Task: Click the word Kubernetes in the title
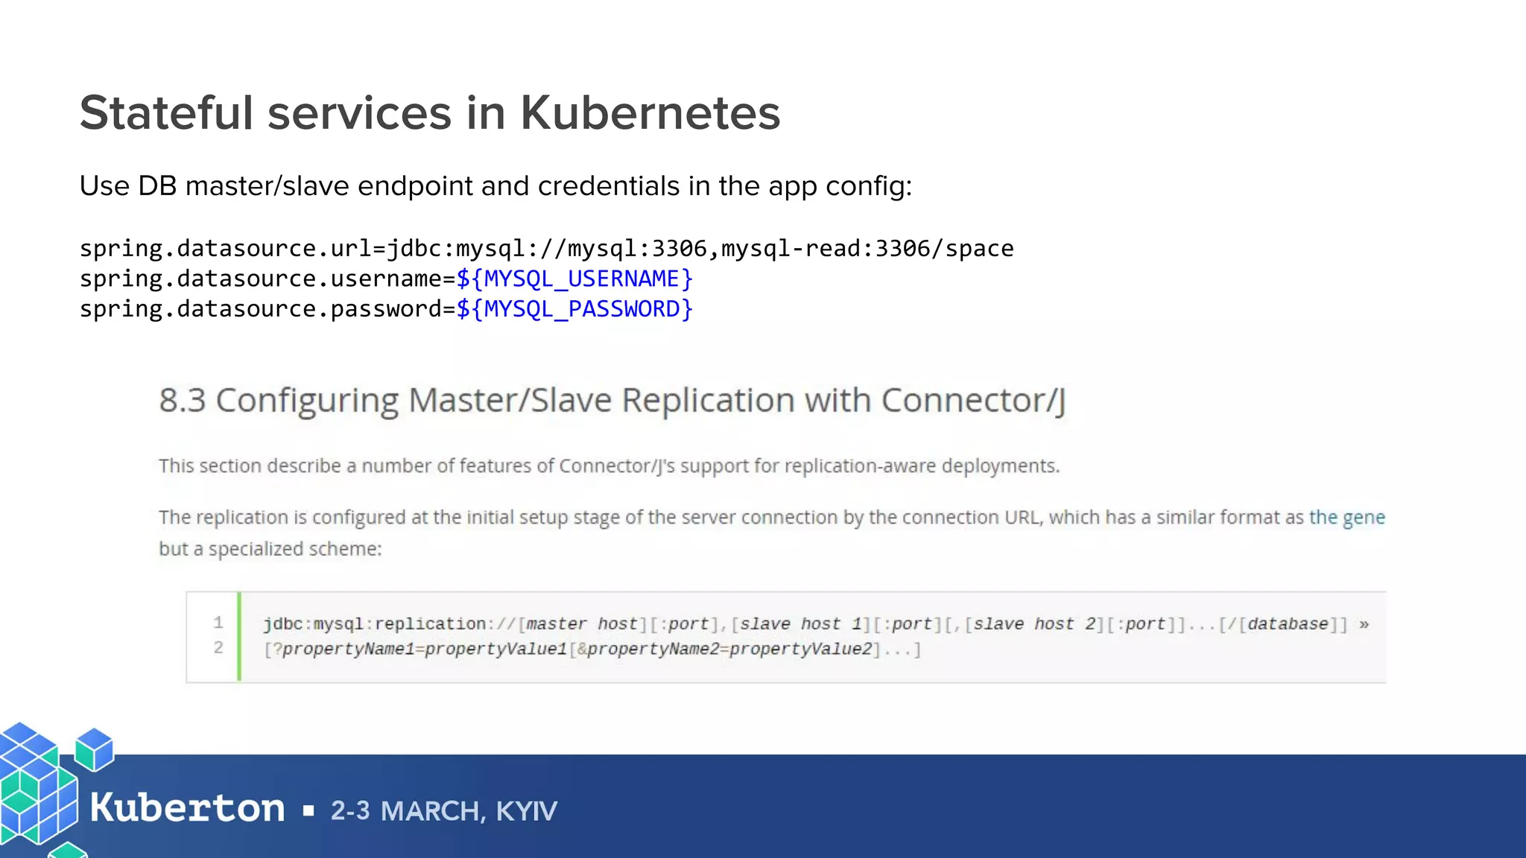(649, 113)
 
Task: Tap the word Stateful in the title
(166, 113)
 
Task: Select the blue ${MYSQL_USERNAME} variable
(574, 279)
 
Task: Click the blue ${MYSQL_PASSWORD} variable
(574, 309)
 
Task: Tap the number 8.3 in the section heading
(182, 401)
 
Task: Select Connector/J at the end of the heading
(973, 401)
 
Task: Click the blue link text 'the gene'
(1346, 517)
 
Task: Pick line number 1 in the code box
(218, 623)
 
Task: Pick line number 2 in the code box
(218, 648)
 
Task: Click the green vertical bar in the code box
(238, 636)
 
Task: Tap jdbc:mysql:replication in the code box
(374, 624)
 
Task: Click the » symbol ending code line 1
(1364, 624)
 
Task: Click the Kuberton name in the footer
(187, 808)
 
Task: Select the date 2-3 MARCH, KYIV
(443, 810)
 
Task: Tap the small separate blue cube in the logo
(95, 749)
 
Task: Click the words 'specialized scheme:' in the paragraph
(294, 549)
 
